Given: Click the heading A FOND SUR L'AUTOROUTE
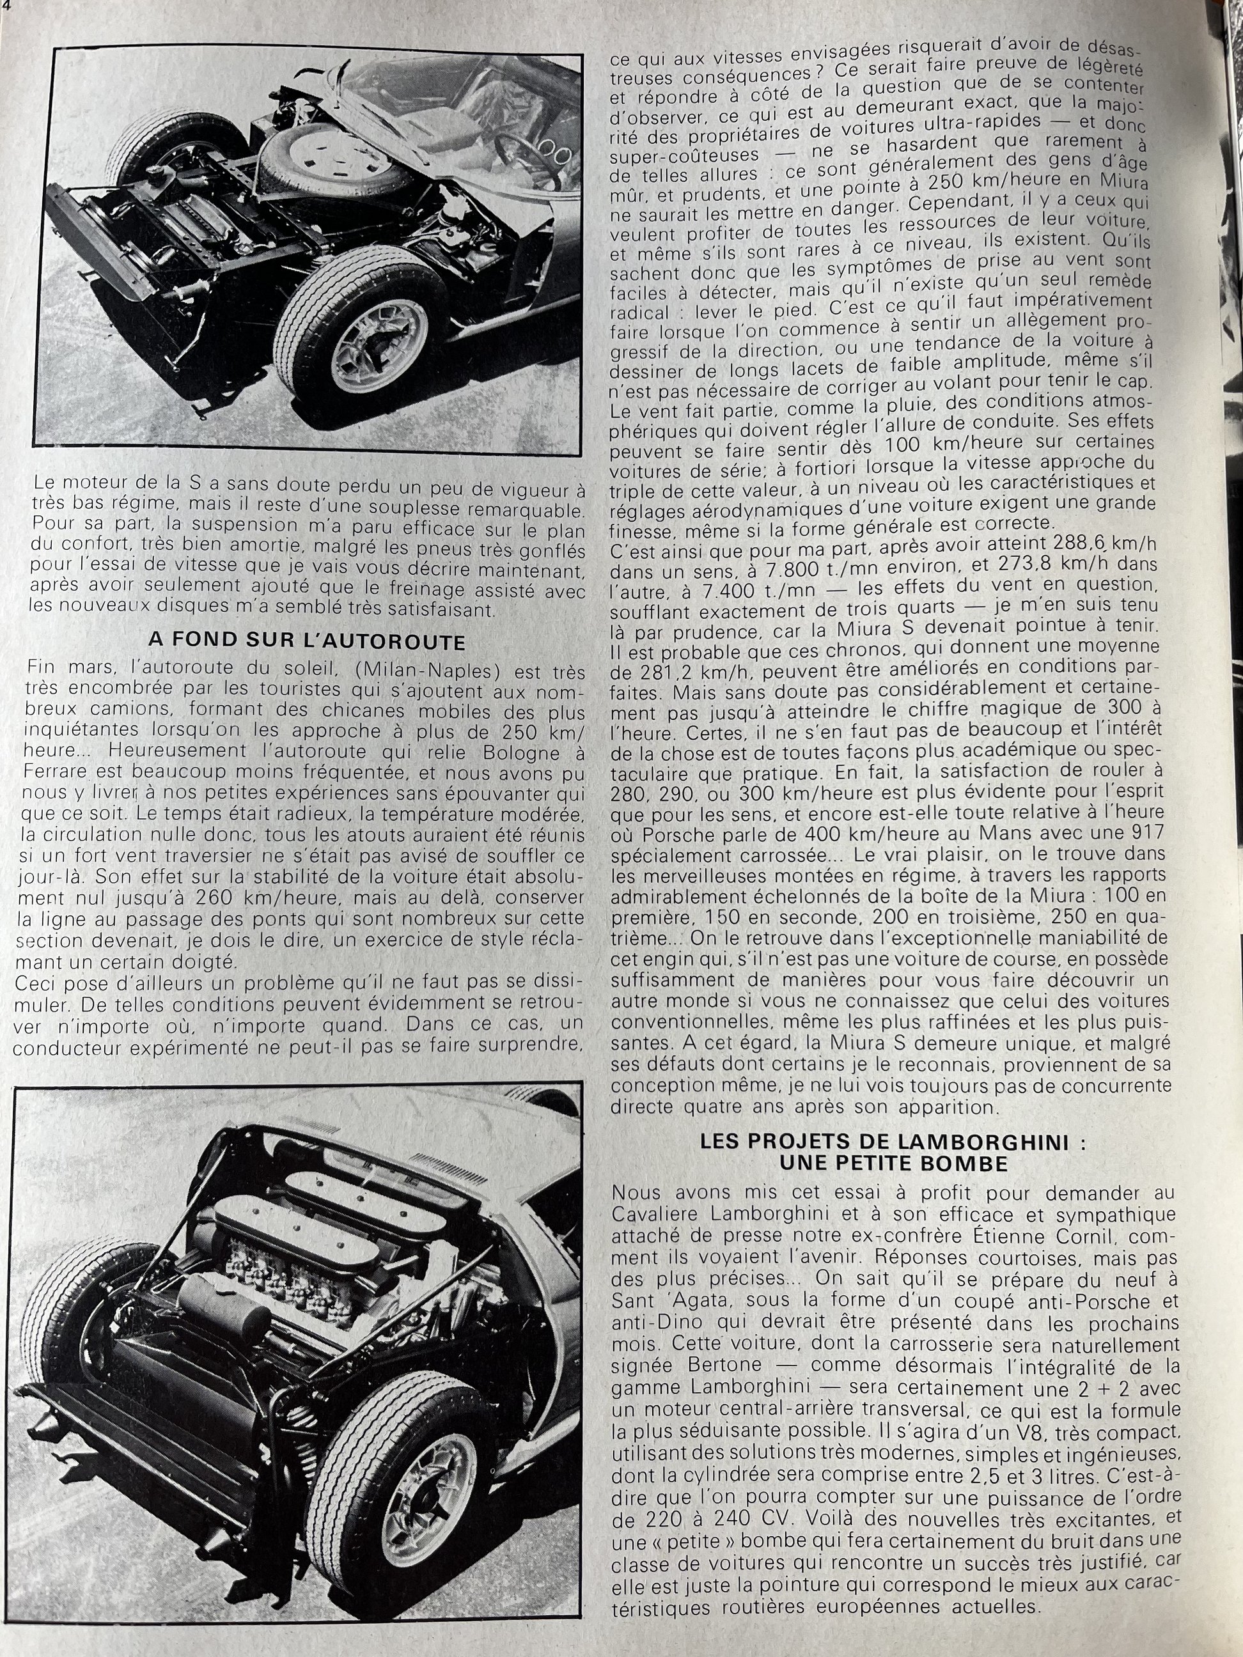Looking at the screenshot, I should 306,641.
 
